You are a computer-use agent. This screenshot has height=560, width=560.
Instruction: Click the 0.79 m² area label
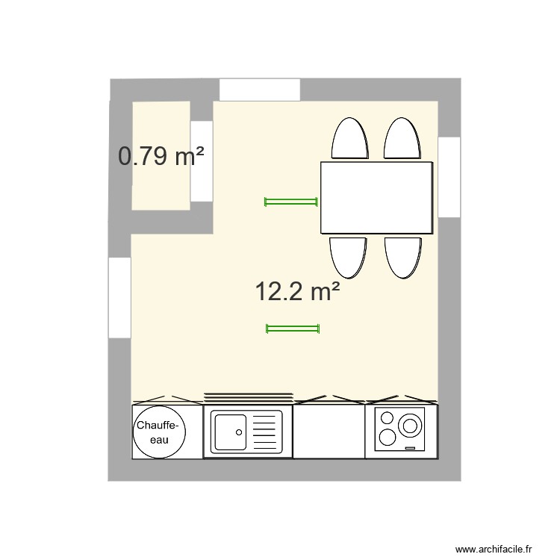click(x=161, y=157)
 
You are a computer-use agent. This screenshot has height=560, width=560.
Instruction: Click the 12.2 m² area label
click(x=297, y=291)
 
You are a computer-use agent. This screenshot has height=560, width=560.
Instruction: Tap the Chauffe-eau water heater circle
click(x=158, y=432)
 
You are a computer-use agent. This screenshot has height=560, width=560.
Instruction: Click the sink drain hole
click(x=238, y=431)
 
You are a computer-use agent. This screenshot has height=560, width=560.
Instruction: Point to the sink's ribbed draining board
click(x=266, y=432)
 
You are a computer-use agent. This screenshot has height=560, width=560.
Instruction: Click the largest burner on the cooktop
click(x=409, y=426)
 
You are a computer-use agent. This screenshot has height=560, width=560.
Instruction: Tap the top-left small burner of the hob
click(x=388, y=418)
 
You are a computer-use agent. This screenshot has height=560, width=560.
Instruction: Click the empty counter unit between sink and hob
click(x=329, y=432)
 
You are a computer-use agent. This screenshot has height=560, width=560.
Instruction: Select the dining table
click(x=377, y=198)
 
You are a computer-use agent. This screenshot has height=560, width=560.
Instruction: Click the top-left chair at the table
click(x=349, y=140)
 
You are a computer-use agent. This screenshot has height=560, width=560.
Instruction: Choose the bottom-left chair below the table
click(x=349, y=256)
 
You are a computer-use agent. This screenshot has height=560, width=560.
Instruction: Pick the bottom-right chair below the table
click(x=403, y=256)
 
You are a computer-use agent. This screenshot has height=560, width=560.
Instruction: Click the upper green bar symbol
click(x=291, y=201)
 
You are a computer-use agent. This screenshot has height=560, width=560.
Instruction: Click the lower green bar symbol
click(x=293, y=328)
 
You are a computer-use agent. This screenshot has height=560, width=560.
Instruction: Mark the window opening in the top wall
click(x=260, y=90)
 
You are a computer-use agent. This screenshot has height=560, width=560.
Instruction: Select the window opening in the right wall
click(x=449, y=177)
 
